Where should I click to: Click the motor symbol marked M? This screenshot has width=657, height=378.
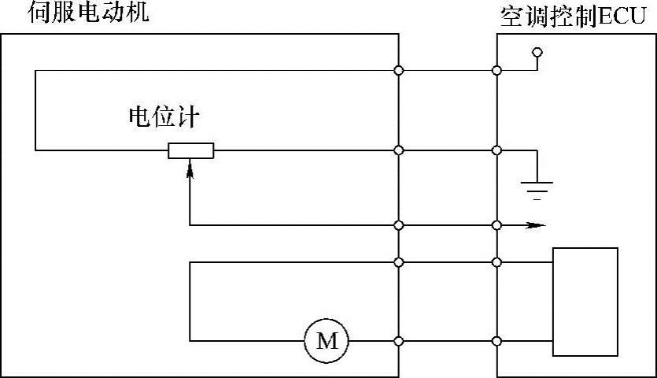[x=326, y=341]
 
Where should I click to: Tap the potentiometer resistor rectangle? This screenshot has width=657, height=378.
[x=191, y=150]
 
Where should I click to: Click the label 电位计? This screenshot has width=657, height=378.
[x=164, y=117]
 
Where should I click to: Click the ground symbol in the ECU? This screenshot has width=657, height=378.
[x=537, y=187]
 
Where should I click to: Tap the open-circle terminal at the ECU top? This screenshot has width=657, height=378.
[x=538, y=53]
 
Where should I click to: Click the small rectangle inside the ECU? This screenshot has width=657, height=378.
[x=585, y=302]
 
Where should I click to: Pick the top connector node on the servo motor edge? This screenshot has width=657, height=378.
[x=399, y=72]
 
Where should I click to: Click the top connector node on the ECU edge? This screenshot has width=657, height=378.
[x=496, y=72]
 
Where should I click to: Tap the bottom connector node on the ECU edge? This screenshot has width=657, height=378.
[x=496, y=341]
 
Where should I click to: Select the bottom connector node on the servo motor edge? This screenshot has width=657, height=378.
[x=399, y=341]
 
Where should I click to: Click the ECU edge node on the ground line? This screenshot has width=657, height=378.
[x=496, y=150]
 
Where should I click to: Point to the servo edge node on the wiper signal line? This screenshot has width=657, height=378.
[x=399, y=225]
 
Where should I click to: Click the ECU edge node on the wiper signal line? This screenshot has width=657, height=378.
[x=496, y=225]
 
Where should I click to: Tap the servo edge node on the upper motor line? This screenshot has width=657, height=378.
[x=399, y=262]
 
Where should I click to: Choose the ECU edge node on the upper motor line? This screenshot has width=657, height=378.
[x=496, y=262]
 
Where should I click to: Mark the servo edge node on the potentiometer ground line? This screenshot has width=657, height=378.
[x=399, y=150]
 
